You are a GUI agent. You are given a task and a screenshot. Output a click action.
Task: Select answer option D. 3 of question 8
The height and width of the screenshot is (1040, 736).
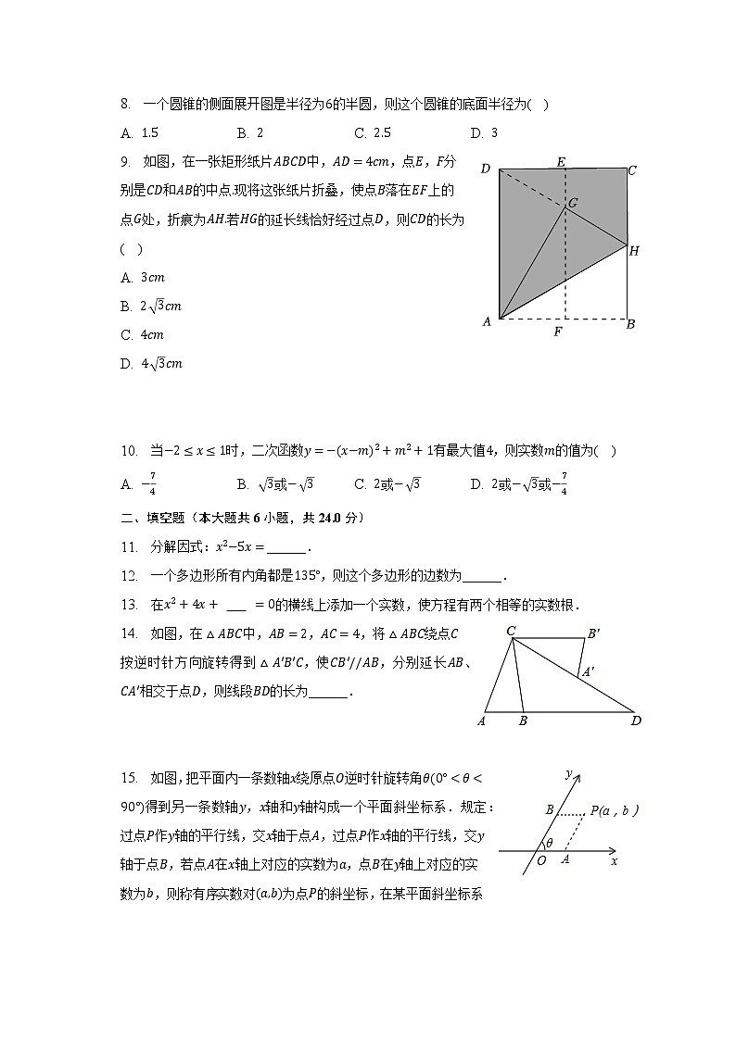(484, 132)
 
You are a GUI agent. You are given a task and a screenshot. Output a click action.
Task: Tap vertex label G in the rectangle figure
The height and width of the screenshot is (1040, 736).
(573, 202)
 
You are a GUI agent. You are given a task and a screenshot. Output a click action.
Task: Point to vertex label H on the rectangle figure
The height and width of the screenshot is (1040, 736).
(634, 251)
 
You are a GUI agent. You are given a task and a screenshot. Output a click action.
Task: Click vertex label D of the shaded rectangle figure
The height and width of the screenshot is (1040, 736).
(485, 169)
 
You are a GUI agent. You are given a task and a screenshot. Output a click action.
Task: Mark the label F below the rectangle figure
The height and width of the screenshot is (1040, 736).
(557, 332)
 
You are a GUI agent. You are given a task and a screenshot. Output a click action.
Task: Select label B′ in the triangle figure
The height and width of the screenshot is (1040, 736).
(593, 634)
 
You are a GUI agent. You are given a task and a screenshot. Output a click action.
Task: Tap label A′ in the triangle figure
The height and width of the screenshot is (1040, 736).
(587, 673)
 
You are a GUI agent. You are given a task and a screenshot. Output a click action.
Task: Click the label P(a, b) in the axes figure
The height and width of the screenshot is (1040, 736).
(615, 810)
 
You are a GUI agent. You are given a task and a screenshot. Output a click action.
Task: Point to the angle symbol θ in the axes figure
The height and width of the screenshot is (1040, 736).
(549, 843)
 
